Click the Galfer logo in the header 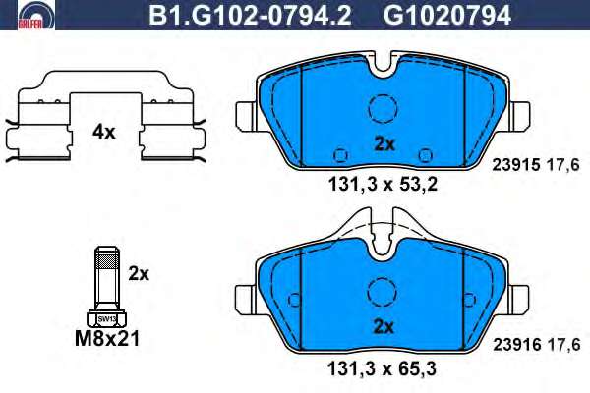[x=35, y=15]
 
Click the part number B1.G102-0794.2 [x=250, y=16]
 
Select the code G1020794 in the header [x=447, y=16]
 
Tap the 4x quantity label [x=104, y=132]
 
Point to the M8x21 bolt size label [x=107, y=338]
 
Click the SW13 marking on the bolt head [x=107, y=319]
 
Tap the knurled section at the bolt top [x=107, y=260]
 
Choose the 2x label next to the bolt [x=139, y=274]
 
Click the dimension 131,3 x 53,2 [x=383, y=185]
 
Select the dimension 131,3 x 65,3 [x=383, y=368]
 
